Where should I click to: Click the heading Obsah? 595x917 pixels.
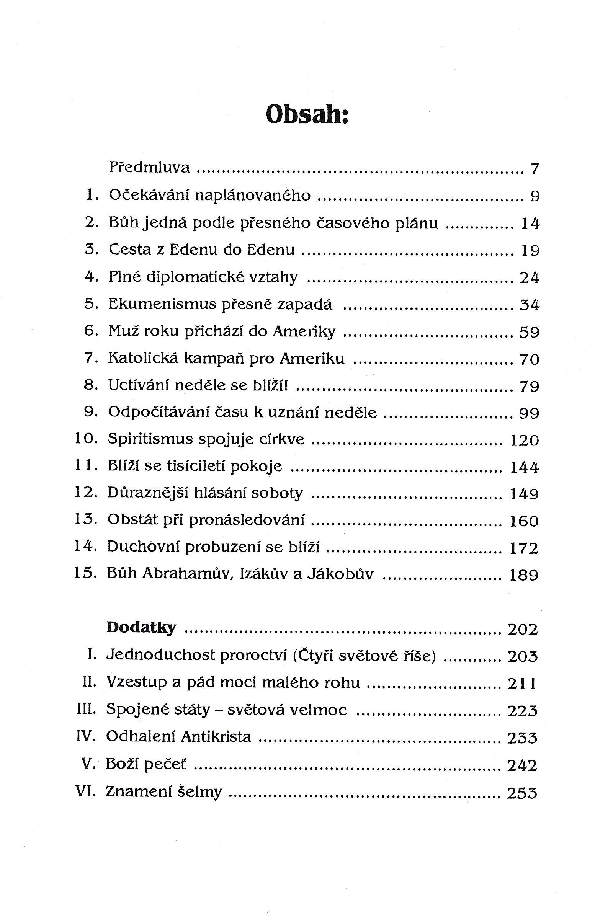tap(307, 114)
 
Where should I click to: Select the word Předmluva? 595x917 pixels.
tap(149, 168)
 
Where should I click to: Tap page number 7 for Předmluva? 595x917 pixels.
tap(534, 169)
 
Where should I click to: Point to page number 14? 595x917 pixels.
tap(530, 224)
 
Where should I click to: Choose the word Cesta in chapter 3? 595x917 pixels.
tap(129, 250)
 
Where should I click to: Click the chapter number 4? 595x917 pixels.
tap(92, 277)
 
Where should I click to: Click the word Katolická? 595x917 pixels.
tap(143, 358)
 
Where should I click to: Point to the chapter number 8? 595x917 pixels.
tap(91, 385)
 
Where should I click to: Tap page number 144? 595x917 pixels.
tap(524, 467)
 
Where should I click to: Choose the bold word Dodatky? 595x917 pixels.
tap(141, 628)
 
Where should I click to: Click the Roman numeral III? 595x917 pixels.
tap(86, 709)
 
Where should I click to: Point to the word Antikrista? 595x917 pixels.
tap(216, 736)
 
